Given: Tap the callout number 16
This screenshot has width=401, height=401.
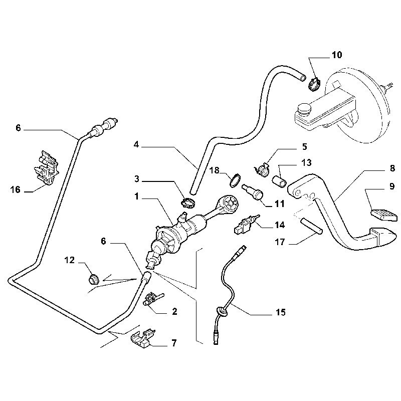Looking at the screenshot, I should point(16,189).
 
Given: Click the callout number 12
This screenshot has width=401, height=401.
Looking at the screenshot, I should point(70,260).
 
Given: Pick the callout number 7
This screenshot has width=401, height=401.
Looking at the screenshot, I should point(174,343).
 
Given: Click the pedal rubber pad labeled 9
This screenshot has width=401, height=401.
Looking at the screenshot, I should point(384,214).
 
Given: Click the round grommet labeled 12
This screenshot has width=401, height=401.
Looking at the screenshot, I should point(93,277).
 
